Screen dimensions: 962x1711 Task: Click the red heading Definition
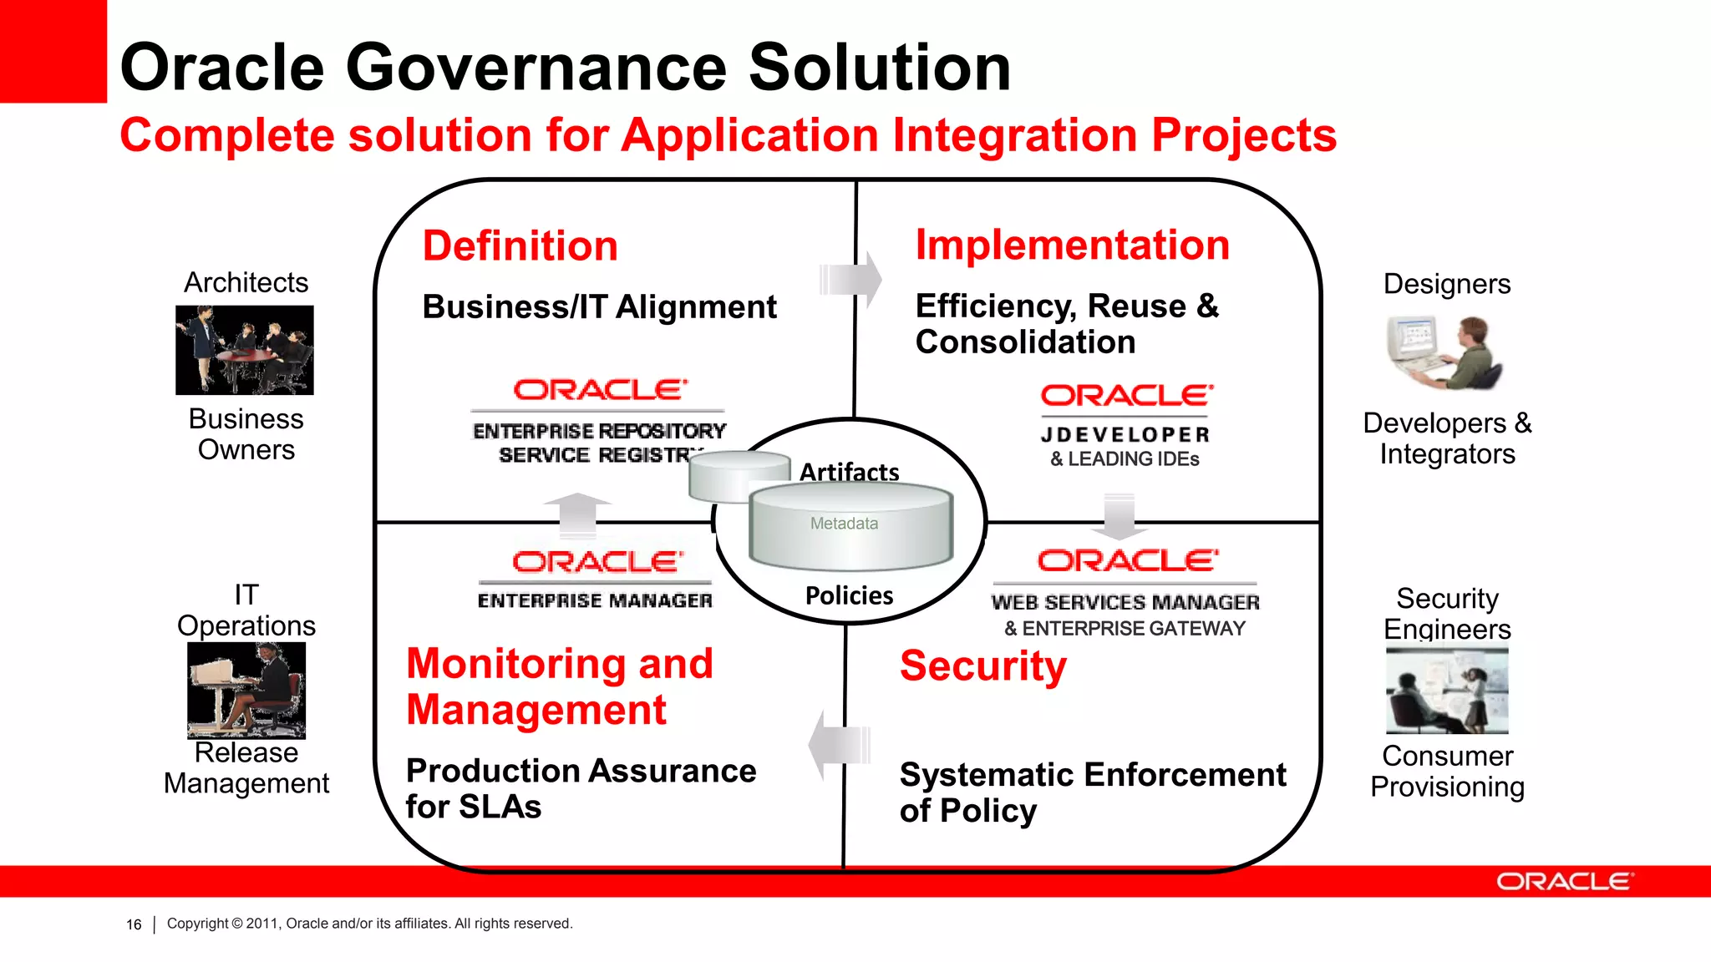520,246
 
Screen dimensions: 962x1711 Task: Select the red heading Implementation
1072,246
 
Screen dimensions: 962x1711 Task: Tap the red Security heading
982,666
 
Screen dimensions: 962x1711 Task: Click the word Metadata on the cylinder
844,524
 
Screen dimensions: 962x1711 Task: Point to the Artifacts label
849,472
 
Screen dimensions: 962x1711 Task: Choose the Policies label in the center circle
849,595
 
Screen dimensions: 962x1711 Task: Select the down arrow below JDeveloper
1120,516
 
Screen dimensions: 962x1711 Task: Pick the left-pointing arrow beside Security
839,745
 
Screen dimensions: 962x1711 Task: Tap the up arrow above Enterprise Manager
576,514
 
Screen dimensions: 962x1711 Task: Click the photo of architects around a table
245,350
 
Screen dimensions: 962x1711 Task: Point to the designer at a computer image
1445,353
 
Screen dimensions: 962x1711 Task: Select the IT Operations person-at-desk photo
246,690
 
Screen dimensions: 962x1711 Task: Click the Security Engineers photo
1447,691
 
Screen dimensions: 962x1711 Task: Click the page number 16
134,924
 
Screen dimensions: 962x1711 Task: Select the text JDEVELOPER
1125,435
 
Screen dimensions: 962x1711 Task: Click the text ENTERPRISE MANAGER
595,600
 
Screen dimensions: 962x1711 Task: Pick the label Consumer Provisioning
1447,771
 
